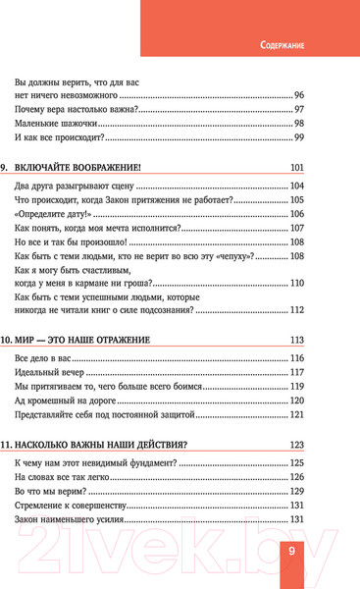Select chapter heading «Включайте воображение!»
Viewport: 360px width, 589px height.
point(86,167)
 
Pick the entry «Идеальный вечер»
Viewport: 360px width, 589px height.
point(51,373)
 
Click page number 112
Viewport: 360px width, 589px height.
point(298,311)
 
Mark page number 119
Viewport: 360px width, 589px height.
point(298,387)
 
